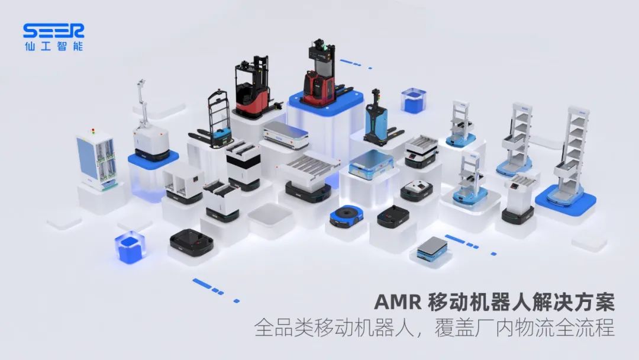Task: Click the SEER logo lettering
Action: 53,30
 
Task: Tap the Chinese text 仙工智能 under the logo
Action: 53,46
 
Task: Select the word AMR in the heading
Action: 398,302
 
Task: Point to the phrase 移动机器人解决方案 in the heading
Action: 521,302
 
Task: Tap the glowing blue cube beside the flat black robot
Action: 130,247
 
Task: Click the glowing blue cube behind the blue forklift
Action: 413,100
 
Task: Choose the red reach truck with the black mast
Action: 253,89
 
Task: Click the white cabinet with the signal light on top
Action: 95,161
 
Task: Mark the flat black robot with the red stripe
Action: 191,242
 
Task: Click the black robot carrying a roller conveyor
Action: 309,177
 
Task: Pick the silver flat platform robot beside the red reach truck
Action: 286,136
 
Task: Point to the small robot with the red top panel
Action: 416,190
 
